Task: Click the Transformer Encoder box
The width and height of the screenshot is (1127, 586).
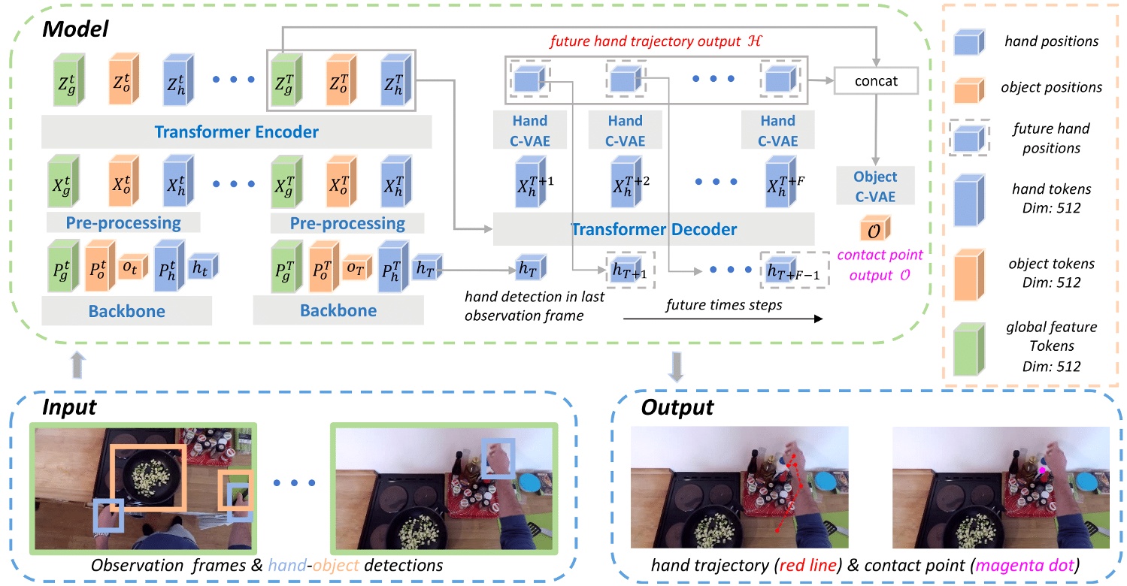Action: (236, 133)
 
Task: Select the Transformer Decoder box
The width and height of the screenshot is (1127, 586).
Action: (653, 229)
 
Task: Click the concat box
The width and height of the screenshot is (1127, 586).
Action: (877, 80)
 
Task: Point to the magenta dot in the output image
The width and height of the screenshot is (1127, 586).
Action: (1042, 470)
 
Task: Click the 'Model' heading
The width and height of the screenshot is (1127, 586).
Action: (75, 30)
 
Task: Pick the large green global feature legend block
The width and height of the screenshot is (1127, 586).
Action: (971, 346)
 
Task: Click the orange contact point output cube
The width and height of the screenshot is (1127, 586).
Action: (874, 228)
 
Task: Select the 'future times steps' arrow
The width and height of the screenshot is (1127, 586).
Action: (722, 319)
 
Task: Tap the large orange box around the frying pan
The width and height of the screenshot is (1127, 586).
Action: (147, 476)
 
